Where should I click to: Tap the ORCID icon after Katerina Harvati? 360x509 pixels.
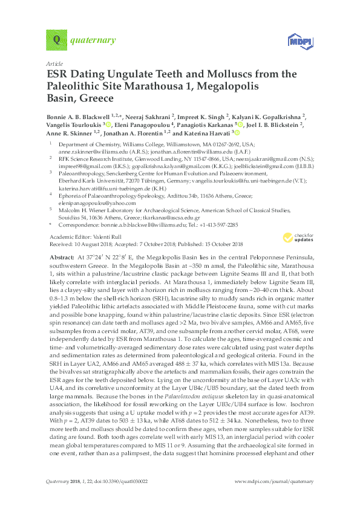coord(237,134)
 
